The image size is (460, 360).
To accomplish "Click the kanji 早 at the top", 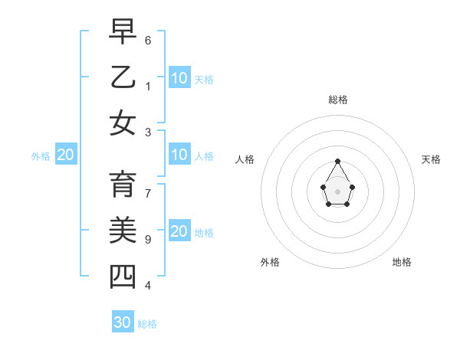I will (x=123, y=31).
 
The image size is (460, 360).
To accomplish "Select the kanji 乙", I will (x=123, y=77).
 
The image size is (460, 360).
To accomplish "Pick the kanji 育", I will (x=123, y=185).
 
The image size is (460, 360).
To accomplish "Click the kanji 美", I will (x=123, y=231).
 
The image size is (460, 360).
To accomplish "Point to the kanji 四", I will (x=123, y=276).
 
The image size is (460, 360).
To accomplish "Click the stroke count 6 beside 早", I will (x=148, y=40).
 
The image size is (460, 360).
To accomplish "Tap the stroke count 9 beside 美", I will (x=148, y=240).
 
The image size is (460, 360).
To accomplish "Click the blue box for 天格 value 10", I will (x=179, y=77).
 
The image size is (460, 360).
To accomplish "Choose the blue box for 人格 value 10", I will (x=179, y=155).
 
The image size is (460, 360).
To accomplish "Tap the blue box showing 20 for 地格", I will (x=179, y=231).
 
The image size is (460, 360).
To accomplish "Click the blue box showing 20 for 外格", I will (x=65, y=155).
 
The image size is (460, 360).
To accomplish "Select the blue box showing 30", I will (x=123, y=322).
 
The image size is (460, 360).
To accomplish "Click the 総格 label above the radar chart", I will (x=338, y=100).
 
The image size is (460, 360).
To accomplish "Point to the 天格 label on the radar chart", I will (x=431, y=159).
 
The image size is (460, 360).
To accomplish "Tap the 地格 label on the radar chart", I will (x=402, y=262).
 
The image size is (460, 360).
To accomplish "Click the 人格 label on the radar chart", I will (x=245, y=159).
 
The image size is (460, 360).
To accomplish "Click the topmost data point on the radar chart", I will (x=338, y=161).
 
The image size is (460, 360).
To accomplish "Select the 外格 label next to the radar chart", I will (x=270, y=262).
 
